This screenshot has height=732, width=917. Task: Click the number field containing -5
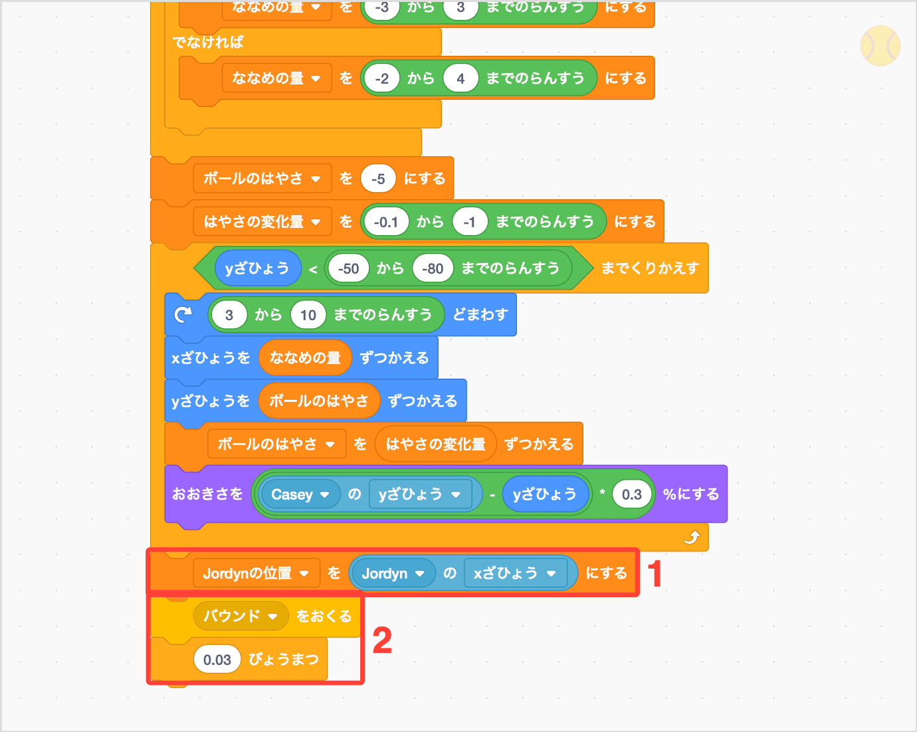378,179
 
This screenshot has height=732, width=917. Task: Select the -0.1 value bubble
386,222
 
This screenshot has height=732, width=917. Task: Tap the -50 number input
348,268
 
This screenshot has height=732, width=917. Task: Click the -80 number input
433,268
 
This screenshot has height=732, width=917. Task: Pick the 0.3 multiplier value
631,494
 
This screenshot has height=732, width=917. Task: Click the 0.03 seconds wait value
217,660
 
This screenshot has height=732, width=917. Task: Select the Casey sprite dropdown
300,494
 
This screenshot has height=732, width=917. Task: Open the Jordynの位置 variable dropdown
256,573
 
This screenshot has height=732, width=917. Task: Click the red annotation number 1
655,574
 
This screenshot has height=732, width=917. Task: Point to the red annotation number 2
382,640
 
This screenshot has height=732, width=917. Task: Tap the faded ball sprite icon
880,46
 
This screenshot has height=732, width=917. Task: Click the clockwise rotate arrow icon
183,314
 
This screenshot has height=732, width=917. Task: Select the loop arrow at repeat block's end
692,537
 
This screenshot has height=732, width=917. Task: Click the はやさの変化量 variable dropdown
262,221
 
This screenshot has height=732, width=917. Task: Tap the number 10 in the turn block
308,315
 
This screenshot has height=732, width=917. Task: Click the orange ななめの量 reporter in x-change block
305,358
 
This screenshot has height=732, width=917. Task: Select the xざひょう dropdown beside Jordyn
514,573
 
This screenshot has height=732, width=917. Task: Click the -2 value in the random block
381,78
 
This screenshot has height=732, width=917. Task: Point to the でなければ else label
208,43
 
